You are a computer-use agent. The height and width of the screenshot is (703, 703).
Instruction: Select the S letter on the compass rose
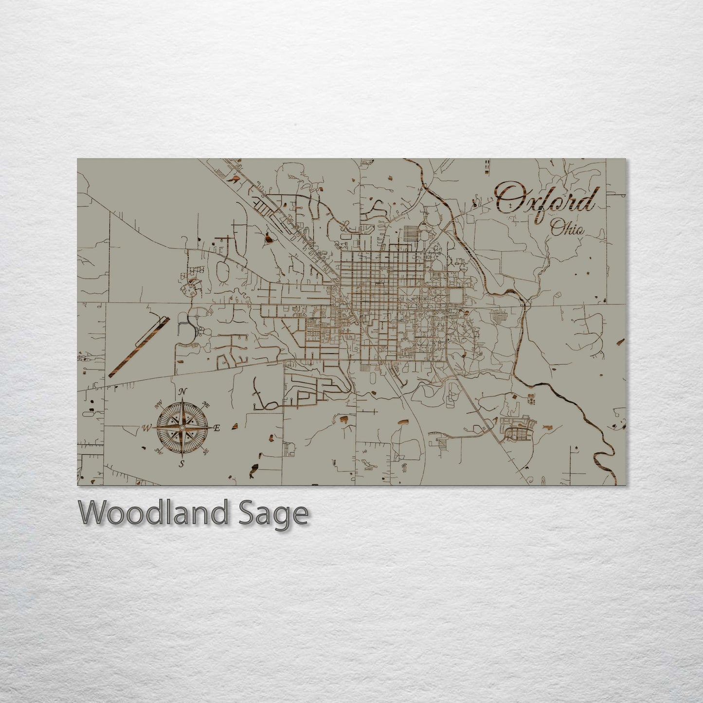coord(181,464)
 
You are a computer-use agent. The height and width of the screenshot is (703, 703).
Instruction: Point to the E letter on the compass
coord(217,428)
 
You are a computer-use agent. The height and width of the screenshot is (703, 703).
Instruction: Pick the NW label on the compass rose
coord(158,404)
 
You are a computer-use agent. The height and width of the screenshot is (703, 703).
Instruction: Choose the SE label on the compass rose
coord(205,452)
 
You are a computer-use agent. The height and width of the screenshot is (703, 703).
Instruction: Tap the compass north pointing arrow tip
coord(182,399)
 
